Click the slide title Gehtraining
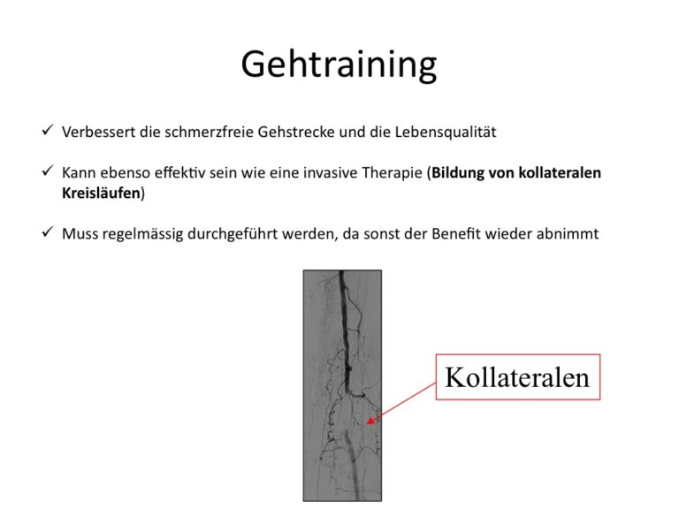click(x=339, y=65)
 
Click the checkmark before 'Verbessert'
click(x=48, y=129)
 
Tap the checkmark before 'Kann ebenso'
click(x=48, y=171)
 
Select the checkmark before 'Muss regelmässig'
click(x=48, y=232)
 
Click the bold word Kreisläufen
click(x=102, y=193)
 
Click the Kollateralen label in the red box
click(x=517, y=377)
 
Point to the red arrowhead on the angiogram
click(x=370, y=420)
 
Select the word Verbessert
click(x=98, y=132)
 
